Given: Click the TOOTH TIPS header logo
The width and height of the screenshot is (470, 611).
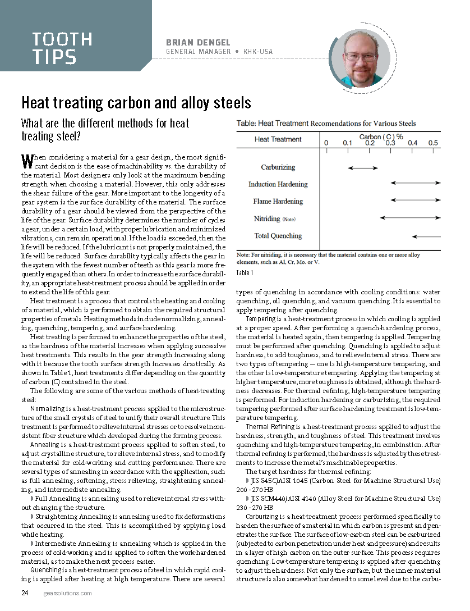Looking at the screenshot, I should (x=62, y=48).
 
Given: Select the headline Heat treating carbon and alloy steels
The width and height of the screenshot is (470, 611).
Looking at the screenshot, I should (x=136, y=103).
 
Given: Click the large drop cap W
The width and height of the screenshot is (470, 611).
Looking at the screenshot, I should (x=25, y=162).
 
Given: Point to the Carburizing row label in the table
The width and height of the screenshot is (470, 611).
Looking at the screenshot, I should (x=278, y=167).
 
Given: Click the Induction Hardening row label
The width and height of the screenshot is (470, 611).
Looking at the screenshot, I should (x=278, y=184).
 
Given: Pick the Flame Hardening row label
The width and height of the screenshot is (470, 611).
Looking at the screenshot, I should (x=278, y=201).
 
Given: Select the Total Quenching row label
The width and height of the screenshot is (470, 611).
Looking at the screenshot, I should (x=278, y=236).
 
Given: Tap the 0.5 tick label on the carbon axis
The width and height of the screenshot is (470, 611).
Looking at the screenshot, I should (x=434, y=143).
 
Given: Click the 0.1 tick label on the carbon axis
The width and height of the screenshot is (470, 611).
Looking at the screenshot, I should (x=348, y=143).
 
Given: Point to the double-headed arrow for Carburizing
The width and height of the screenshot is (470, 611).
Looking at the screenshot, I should (x=363, y=167).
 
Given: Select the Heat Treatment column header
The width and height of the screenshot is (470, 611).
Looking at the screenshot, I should (x=278, y=139).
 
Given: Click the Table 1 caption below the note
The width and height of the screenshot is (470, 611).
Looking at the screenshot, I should (x=245, y=273).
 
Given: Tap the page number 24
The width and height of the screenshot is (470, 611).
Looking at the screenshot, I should (x=25, y=593).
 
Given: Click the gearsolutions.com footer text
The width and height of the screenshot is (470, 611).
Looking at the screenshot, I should (x=68, y=593).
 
